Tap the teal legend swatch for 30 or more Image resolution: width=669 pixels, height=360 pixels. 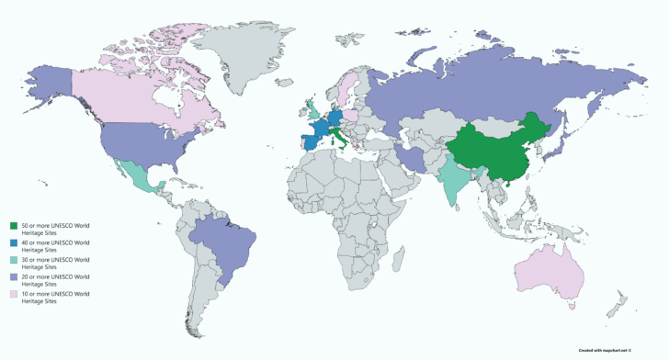pyautogui.click(x=14, y=261)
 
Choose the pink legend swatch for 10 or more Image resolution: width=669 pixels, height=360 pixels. pyautogui.click(x=14, y=295)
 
